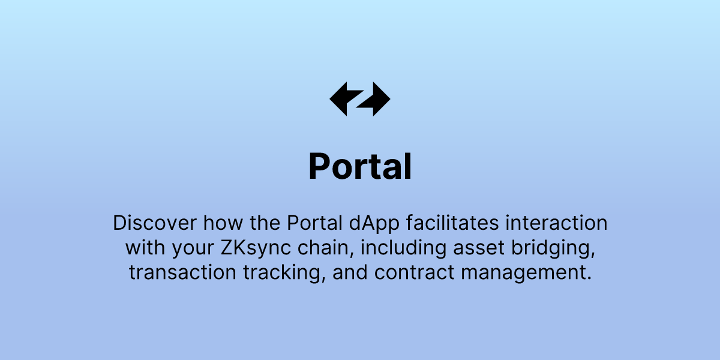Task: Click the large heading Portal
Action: pos(360,167)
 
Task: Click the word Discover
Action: pos(154,223)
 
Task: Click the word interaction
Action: pos(557,223)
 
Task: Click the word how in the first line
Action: pos(220,223)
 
